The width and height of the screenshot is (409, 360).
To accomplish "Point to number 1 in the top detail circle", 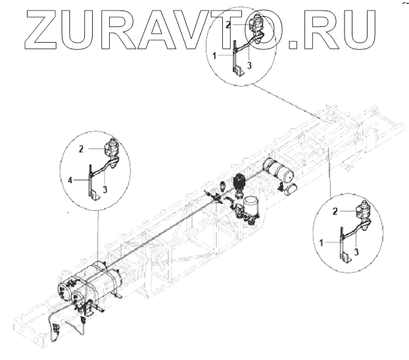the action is point(215,57).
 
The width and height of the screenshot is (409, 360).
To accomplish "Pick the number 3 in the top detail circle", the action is point(249,66).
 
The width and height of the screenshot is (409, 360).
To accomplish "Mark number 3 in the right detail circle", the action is point(355,250).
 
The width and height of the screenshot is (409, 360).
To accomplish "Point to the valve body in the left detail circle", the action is point(111,151).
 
